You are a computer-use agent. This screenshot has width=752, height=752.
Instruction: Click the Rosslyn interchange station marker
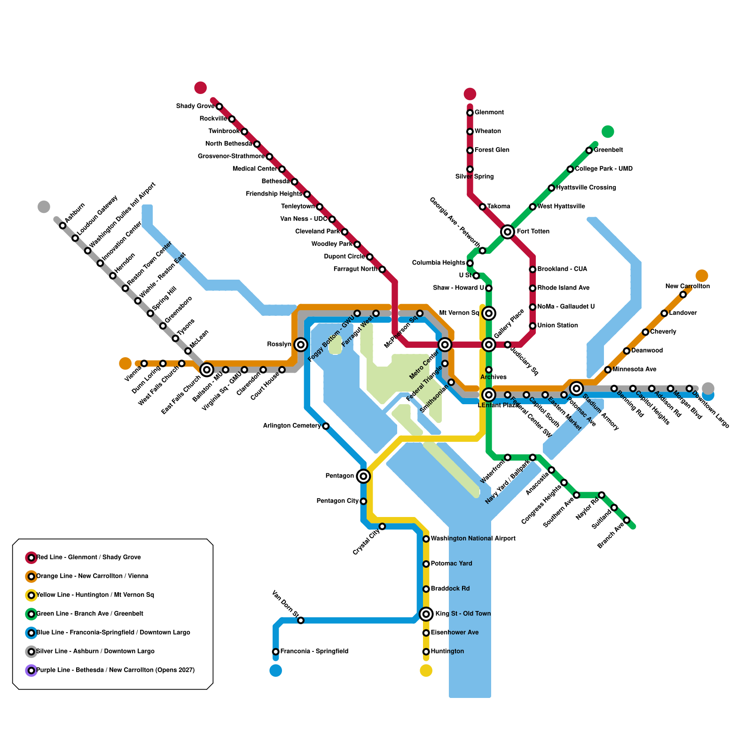(x=301, y=345)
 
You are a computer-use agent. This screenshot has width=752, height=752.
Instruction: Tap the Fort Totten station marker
(x=507, y=232)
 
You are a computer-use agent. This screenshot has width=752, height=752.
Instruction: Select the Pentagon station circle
(x=363, y=476)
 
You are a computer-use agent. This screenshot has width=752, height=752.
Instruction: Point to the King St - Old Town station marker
(x=426, y=613)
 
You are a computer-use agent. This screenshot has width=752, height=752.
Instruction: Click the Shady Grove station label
(x=195, y=106)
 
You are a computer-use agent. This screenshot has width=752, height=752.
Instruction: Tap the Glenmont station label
(x=489, y=112)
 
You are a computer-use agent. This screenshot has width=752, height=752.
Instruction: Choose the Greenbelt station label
(x=608, y=150)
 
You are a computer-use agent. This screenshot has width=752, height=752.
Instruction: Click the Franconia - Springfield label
(x=314, y=651)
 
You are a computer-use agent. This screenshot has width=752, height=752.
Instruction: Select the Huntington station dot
(x=426, y=651)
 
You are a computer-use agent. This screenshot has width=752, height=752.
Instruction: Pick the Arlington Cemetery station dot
(x=326, y=426)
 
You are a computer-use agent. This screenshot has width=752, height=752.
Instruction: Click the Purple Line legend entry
(x=115, y=670)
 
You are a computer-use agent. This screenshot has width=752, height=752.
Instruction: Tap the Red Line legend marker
(x=31, y=557)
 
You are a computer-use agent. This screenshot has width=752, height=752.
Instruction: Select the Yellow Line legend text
(x=95, y=595)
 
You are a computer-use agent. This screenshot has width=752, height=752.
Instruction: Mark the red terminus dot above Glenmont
(x=470, y=94)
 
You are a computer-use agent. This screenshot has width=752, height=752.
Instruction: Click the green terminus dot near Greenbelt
(x=608, y=132)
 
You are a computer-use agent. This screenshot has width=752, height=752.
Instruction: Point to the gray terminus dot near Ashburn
(x=44, y=207)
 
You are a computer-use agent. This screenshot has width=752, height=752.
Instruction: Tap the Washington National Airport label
(x=473, y=539)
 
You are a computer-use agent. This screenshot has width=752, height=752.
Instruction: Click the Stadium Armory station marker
(x=577, y=388)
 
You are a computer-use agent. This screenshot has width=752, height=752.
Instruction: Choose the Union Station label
(x=557, y=325)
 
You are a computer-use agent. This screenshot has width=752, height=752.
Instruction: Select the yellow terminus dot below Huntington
(x=426, y=671)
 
